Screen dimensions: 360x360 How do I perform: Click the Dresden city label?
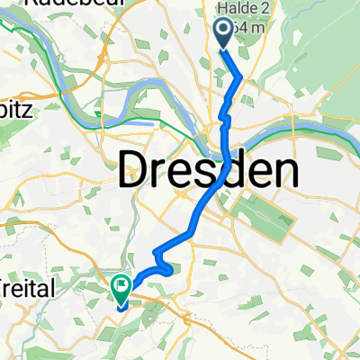pyautogui.click(x=209, y=168)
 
